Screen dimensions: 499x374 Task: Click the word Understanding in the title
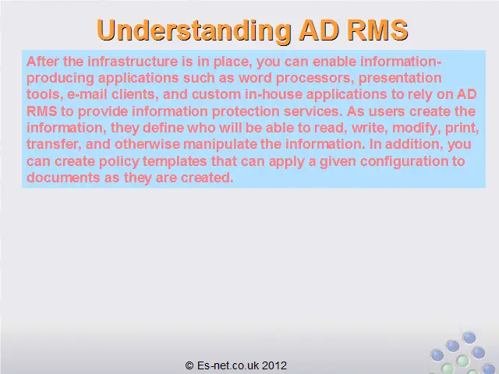[x=194, y=31]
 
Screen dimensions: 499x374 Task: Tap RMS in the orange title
[x=377, y=30]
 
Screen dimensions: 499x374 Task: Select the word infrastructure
[x=133, y=61]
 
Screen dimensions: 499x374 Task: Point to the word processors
[x=315, y=79]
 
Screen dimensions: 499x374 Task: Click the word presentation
[x=400, y=79]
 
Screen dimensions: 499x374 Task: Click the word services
[x=313, y=111]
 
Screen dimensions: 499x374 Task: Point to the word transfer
[x=54, y=144]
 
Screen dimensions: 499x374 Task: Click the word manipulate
[x=220, y=145]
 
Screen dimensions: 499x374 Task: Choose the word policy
[x=119, y=161]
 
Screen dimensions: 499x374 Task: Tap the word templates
[x=175, y=161]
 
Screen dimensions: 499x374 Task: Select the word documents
[x=63, y=178]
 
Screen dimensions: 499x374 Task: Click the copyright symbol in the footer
[x=189, y=365]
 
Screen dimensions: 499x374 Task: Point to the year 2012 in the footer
[x=274, y=365]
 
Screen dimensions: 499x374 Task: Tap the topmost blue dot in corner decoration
[x=469, y=337]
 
